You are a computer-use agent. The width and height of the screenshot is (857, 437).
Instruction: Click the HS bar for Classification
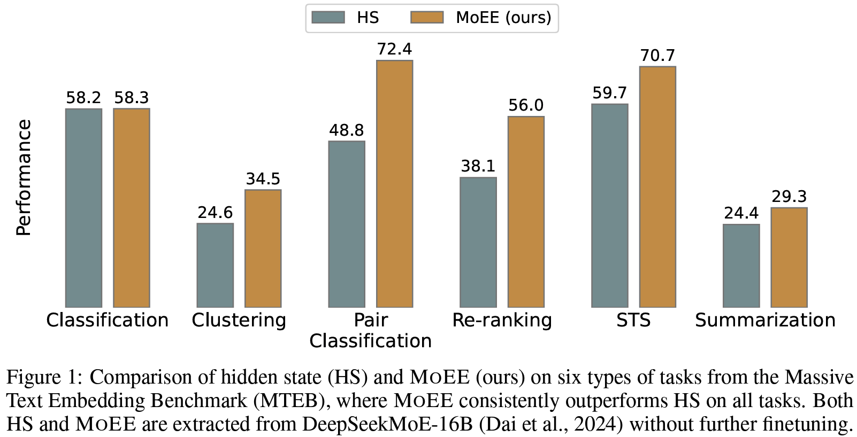point(83,208)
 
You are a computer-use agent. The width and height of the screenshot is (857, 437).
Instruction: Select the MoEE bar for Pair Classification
point(394,184)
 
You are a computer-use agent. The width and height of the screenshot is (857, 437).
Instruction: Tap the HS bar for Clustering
point(215,265)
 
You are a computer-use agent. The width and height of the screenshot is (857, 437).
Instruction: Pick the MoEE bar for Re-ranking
point(526,212)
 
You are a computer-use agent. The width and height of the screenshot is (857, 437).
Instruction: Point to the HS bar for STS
point(609,206)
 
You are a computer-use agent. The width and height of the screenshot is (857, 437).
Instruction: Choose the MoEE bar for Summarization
point(789,257)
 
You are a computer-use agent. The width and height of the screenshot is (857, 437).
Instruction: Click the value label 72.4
point(394,49)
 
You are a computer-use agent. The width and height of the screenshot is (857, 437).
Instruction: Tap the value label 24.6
point(215,213)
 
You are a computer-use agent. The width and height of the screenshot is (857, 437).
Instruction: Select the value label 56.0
point(526,105)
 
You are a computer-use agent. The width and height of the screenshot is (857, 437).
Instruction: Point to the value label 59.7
point(609,93)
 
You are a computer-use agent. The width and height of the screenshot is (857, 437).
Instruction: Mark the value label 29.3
point(789,197)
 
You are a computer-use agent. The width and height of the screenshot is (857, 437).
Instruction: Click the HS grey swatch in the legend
point(328,18)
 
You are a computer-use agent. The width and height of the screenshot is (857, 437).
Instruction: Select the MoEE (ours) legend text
point(503,18)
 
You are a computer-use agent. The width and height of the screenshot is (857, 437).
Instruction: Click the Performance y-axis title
point(24,177)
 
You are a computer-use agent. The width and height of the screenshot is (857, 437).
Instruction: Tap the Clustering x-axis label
point(239,320)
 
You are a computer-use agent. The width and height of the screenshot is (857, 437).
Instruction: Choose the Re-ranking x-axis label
point(502,320)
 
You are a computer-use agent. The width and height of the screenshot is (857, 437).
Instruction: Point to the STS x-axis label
point(633,320)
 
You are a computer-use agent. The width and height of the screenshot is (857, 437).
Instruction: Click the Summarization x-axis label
point(765,320)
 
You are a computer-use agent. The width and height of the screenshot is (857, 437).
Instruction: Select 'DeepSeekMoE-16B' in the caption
point(389,424)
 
